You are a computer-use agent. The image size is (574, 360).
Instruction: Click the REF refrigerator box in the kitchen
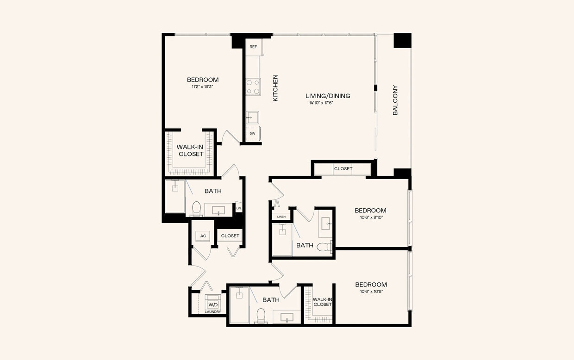[x=253, y=47]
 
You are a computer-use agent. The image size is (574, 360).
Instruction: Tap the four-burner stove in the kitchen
[x=253, y=86]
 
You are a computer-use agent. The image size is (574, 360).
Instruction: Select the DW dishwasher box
[x=252, y=134]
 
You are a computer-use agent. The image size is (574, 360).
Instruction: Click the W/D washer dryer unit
[x=213, y=304]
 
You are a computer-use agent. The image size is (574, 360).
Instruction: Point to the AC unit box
[x=203, y=236]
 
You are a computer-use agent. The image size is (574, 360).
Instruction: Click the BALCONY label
[x=395, y=100]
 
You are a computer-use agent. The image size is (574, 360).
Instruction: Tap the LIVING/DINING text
[x=328, y=96]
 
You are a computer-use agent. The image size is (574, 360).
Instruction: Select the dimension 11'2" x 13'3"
[x=202, y=87]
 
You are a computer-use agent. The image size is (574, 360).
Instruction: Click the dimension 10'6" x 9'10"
[x=370, y=217]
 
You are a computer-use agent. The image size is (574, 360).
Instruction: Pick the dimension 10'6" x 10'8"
[x=371, y=292]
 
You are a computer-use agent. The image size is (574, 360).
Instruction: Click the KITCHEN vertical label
[x=275, y=88]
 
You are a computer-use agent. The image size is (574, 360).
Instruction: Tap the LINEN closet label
[x=281, y=217]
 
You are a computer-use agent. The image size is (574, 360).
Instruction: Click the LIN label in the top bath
[x=239, y=209]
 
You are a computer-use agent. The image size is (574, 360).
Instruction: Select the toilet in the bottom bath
[x=261, y=316]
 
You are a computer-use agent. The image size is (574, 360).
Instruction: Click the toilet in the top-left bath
[x=196, y=208]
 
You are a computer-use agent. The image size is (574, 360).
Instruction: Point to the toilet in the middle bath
[x=324, y=246]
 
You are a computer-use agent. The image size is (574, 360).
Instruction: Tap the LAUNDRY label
[x=213, y=312]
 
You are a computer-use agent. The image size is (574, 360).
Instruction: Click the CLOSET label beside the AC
[x=230, y=236]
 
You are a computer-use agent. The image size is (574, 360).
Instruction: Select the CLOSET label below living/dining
[x=343, y=169]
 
